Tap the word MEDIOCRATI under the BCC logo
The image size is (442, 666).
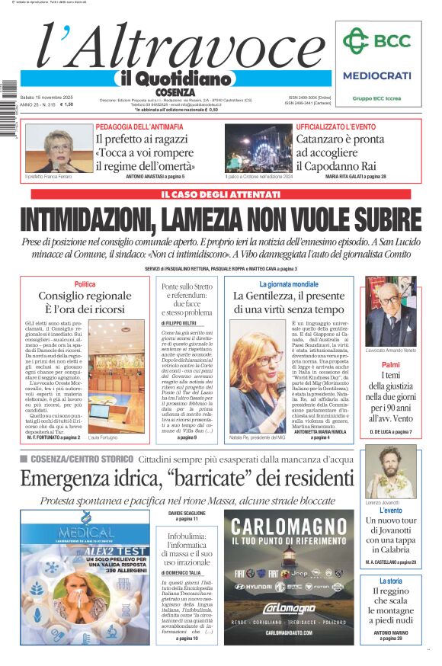376,75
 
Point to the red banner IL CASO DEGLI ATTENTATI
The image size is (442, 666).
220,194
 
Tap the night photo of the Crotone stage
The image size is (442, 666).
258,148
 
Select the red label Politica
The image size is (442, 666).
85,284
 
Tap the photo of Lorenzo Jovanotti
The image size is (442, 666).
391,472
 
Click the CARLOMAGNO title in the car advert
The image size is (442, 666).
290,526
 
